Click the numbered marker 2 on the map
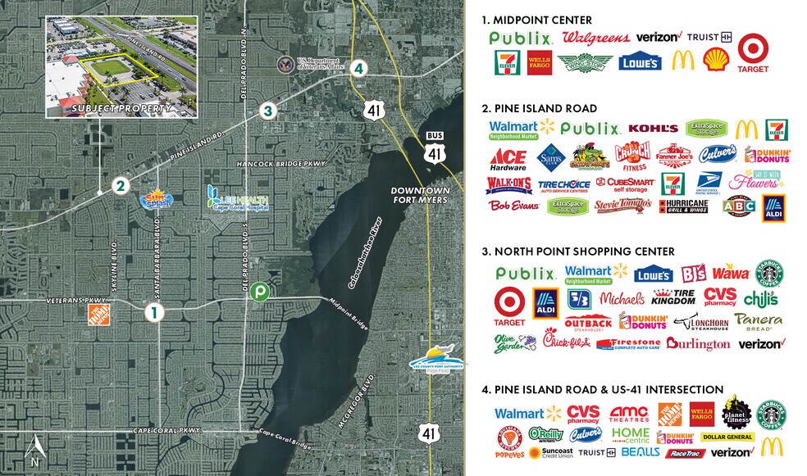click(x=120, y=186)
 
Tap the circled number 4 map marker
click(x=357, y=69)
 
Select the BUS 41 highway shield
click(x=434, y=147)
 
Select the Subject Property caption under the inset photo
click(x=121, y=108)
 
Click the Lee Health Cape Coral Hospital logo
click(x=238, y=197)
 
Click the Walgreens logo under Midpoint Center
click(x=596, y=37)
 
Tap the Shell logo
click(x=715, y=60)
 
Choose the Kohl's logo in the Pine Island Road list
click(x=654, y=129)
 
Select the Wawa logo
click(x=730, y=272)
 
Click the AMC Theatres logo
click(x=631, y=414)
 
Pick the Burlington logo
click(x=698, y=344)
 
